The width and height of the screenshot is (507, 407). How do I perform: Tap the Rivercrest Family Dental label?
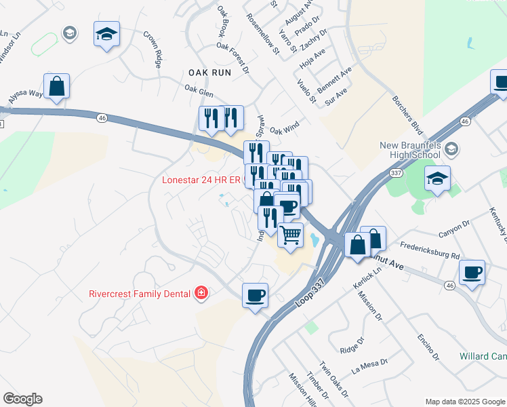139,294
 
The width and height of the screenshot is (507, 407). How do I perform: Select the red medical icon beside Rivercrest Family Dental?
201,293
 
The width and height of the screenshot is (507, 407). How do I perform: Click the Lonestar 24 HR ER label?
201,180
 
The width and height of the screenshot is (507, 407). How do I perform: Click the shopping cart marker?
291,235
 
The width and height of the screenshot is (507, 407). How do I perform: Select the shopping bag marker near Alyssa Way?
58,86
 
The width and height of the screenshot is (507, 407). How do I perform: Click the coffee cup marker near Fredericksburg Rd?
472,273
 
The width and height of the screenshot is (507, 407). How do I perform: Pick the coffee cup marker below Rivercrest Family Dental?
255,295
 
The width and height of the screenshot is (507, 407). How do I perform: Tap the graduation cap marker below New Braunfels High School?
437,179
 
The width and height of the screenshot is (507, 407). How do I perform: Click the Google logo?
22,399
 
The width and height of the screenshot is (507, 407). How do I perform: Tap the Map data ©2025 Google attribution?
464,402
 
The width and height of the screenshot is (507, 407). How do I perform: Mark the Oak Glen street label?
199,88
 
